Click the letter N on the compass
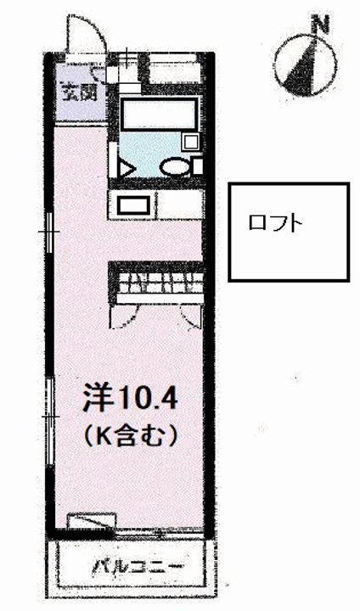[x=321, y=25]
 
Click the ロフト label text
[x=275, y=224]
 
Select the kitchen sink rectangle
[x=132, y=205]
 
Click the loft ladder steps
[x=160, y=282]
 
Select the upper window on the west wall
[x=50, y=231]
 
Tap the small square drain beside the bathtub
[x=191, y=142]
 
